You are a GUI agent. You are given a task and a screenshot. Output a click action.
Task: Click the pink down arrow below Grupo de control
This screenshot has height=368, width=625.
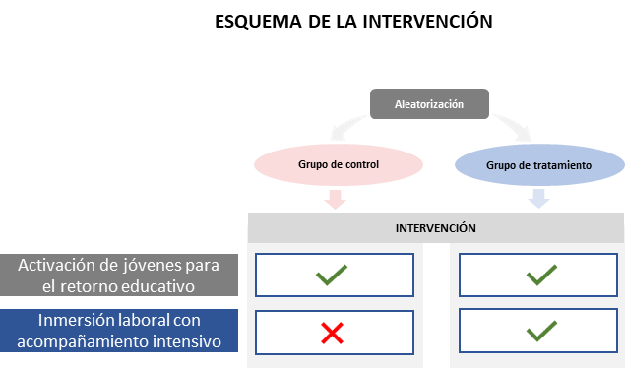pyautogui.click(x=336, y=200)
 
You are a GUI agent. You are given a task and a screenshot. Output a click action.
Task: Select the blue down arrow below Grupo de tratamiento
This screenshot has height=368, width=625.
pyautogui.click(x=538, y=200)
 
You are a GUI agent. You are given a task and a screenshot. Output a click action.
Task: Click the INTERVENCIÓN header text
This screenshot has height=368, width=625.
pyautogui.click(x=435, y=228)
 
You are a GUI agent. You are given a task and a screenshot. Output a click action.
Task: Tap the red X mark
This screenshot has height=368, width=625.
pyautogui.click(x=333, y=334)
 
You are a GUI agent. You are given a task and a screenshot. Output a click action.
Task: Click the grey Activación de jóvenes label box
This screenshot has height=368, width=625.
pyautogui.click(x=119, y=276)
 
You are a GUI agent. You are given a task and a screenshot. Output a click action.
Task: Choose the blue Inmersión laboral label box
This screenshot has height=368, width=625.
pyautogui.click(x=119, y=332)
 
